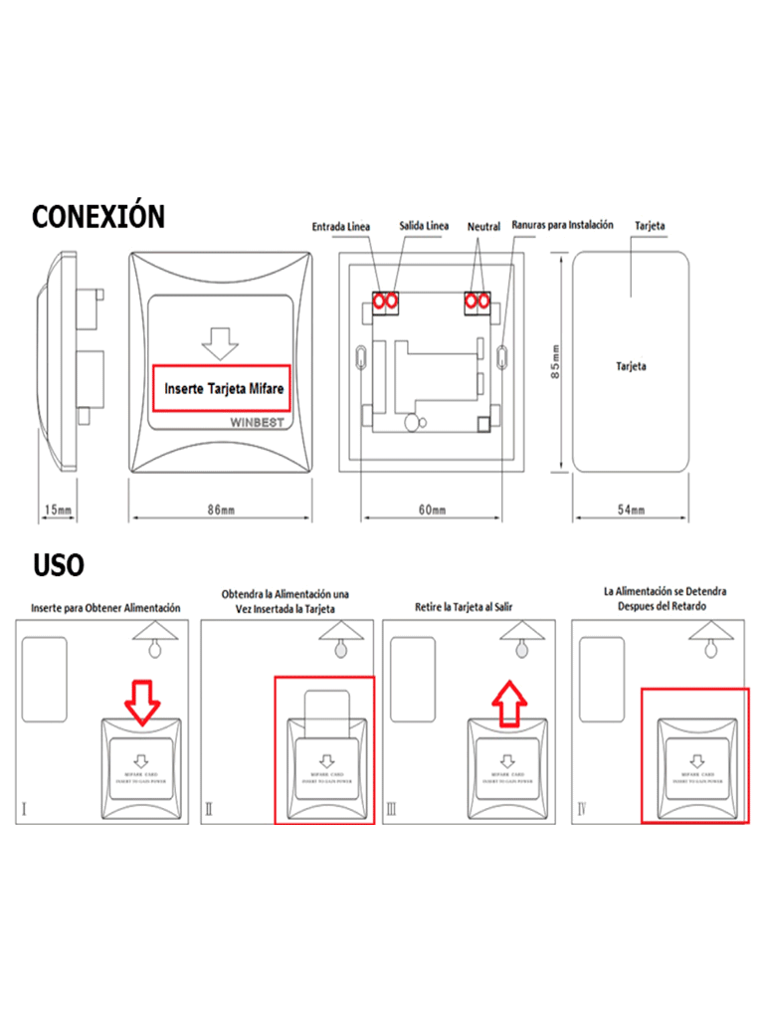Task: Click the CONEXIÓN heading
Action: pos(98,216)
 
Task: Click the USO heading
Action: pos(59,566)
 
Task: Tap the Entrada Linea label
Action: pos(340,227)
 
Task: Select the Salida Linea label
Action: pos(424,226)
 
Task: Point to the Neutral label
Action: pos(483,227)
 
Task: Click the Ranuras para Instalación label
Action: pos(562,226)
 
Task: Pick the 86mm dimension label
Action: pos(221,510)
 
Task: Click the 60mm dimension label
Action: pos(432,510)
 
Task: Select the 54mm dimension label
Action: pos(631,510)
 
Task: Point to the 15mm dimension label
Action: pos(59,510)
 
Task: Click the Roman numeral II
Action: pos(210,810)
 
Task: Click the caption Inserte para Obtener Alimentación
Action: pos(105,606)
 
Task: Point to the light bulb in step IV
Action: pos(709,649)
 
